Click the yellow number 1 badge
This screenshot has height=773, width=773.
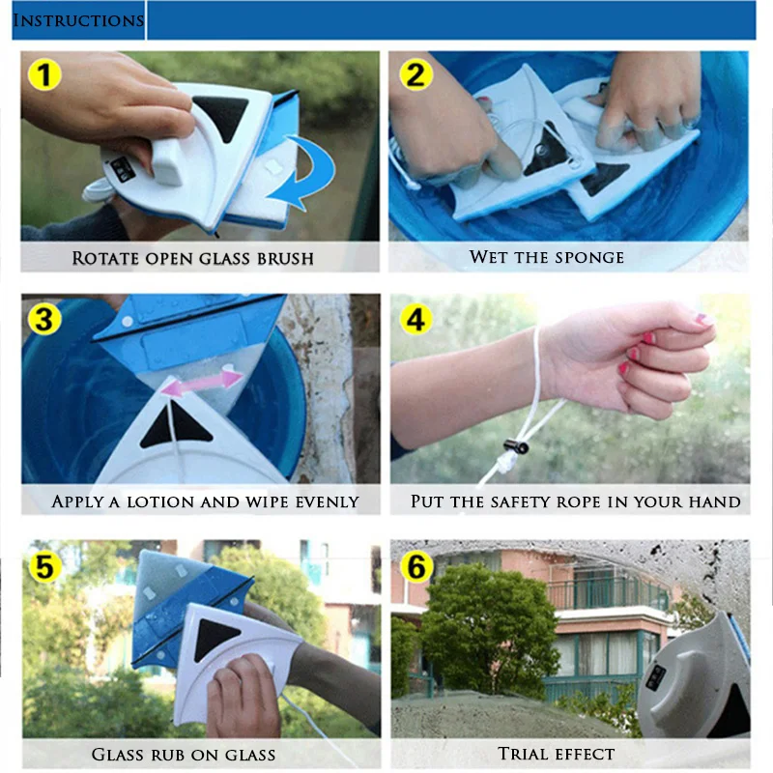pos(44,75)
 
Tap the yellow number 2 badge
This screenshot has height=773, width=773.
pos(416,75)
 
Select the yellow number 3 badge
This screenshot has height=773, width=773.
pos(44,319)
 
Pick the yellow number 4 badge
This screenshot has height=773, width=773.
pos(415,319)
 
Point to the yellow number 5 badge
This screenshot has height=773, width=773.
pos(44,566)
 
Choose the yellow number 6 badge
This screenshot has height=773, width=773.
pos(416,566)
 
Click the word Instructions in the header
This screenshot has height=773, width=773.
pos(78,20)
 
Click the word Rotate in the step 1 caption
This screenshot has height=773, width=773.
pos(105,258)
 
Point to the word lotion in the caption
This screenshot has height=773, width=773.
pos(160,501)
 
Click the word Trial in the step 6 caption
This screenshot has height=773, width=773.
pos(523,754)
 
